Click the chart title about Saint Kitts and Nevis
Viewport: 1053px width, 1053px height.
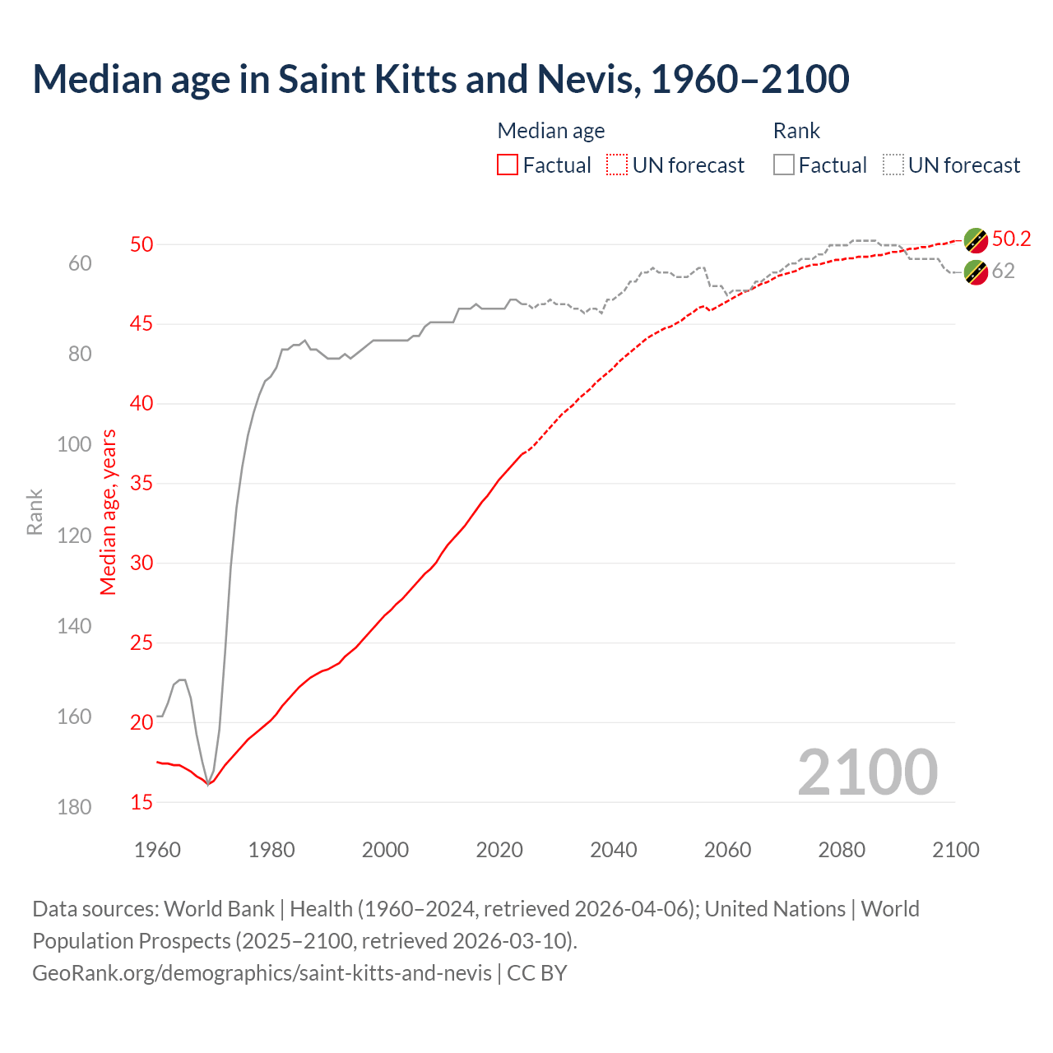click(441, 79)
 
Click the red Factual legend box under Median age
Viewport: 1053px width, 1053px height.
click(508, 165)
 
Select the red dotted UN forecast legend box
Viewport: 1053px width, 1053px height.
click(617, 165)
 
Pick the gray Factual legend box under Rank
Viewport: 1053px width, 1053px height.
click(784, 165)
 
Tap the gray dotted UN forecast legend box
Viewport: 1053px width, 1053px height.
click(893, 165)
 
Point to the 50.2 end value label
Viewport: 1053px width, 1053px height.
click(1011, 239)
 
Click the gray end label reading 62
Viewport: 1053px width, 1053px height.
click(1003, 271)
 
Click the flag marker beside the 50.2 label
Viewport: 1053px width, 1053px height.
click(976, 240)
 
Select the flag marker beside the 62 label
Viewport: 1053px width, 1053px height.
click(976, 271)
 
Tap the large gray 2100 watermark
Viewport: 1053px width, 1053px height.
click(867, 772)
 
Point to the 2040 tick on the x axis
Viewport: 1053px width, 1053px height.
click(613, 850)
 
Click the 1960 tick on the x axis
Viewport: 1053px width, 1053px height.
click(157, 850)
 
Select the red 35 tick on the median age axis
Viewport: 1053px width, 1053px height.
click(141, 483)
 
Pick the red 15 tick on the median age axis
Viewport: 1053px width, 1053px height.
click(141, 802)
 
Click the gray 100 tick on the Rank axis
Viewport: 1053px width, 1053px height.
click(74, 445)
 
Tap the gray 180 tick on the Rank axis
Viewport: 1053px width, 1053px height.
click(74, 807)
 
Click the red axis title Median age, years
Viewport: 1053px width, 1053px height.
click(109, 512)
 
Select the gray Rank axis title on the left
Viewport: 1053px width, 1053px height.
click(35, 512)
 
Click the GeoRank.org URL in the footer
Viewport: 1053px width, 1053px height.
click(262, 973)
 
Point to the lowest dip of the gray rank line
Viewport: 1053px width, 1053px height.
click(208, 784)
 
